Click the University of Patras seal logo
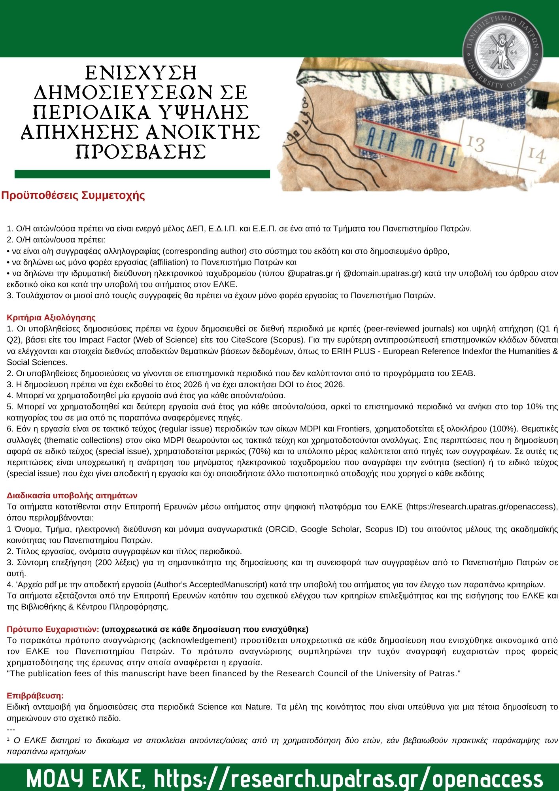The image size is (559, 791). [x=502, y=50]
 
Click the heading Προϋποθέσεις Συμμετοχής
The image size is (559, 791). [x=73, y=196]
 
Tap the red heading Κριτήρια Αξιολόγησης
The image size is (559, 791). [x=51, y=318]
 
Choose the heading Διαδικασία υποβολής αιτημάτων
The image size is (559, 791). [x=72, y=496]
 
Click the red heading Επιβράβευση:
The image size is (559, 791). [x=35, y=696]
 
